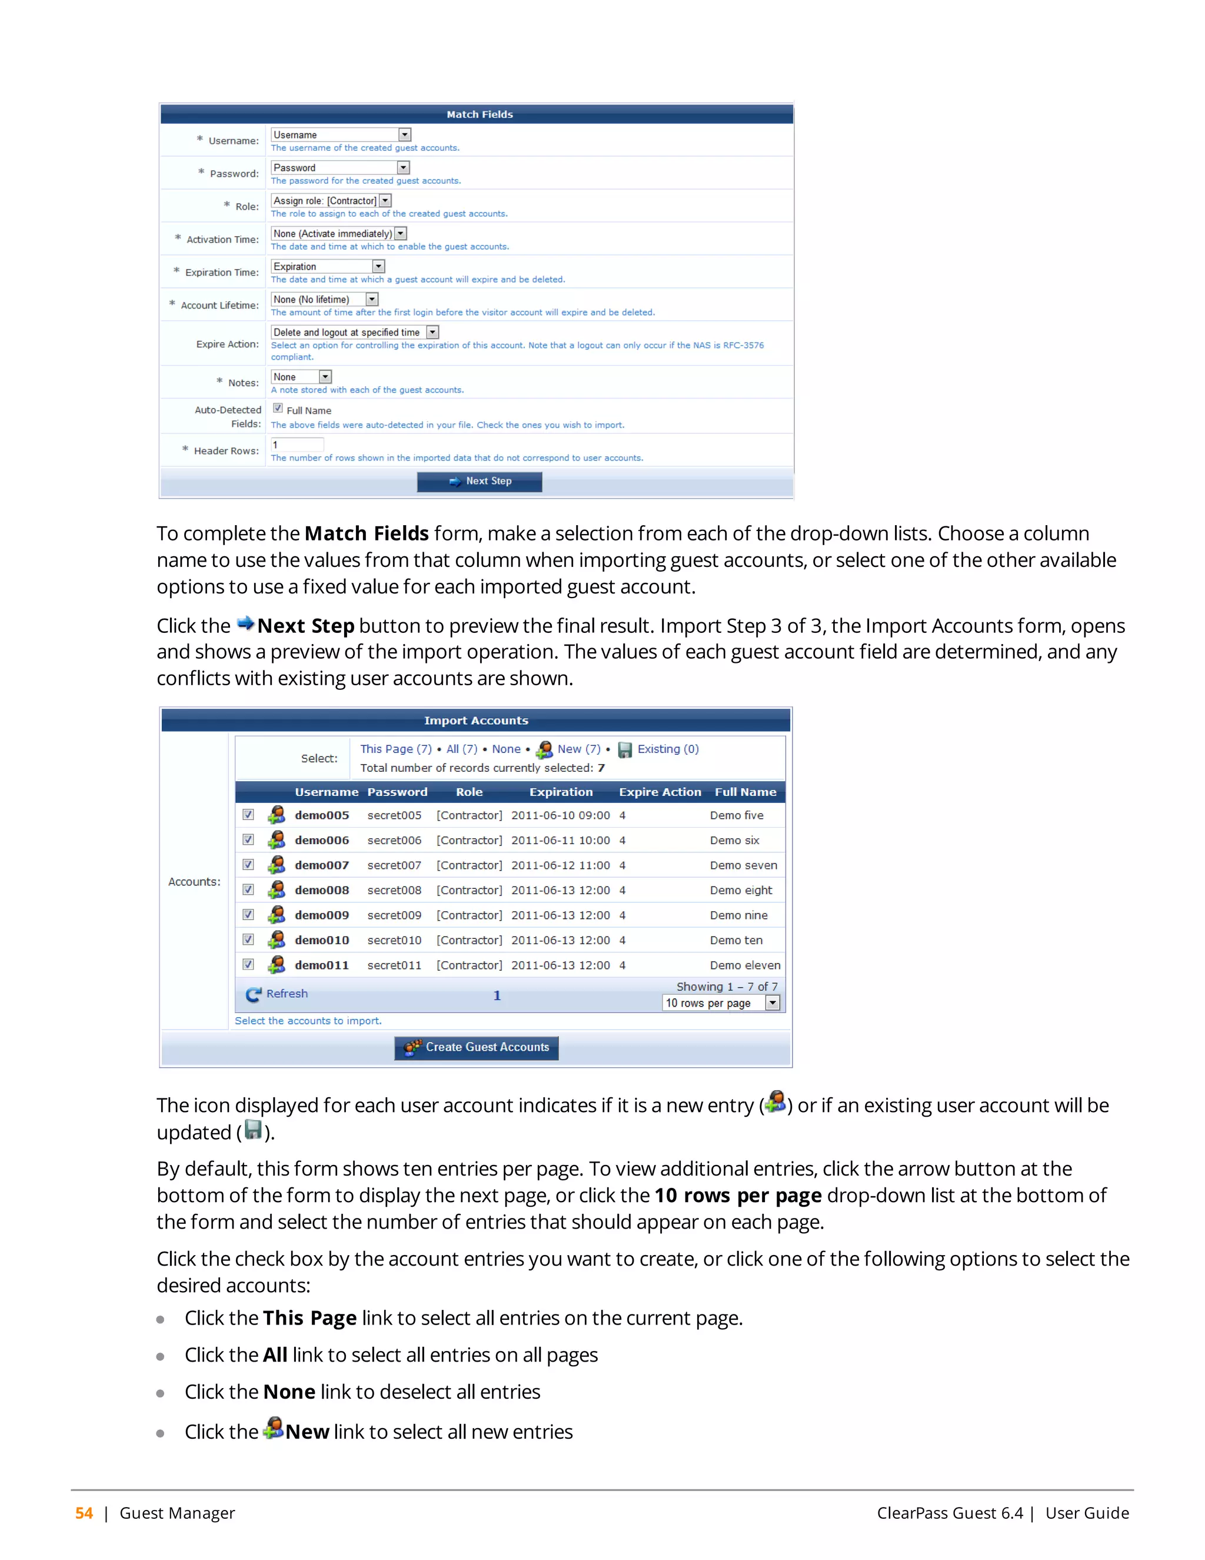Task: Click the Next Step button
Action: tap(479, 482)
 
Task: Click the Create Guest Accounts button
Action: tap(476, 1047)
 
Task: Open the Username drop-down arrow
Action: tap(405, 135)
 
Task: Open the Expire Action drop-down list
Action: tap(355, 332)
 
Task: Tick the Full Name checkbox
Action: tap(278, 409)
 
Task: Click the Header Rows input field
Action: tap(297, 444)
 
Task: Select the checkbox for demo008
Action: tap(248, 889)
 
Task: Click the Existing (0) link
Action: tap(667, 749)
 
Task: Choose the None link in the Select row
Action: tap(506, 749)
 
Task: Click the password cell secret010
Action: tap(394, 940)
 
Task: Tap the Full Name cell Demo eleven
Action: tap(744, 965)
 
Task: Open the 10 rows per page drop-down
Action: tap(721, 1003)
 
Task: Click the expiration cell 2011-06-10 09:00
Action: tap(560, 815)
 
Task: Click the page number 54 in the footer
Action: tap(84, 1513)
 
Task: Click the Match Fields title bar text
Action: tap(480, 114)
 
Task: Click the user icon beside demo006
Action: tap(277, 840)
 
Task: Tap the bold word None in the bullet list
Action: tap(289, 1392)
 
